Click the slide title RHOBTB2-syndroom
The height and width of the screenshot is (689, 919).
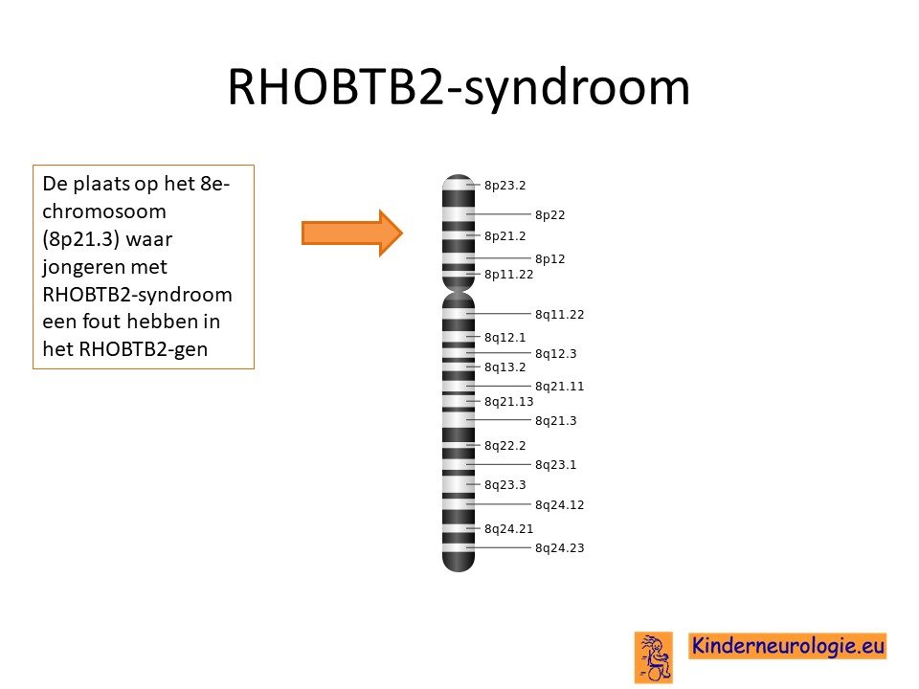459,87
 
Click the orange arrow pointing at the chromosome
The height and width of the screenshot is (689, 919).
351,233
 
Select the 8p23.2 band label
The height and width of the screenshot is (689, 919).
504,185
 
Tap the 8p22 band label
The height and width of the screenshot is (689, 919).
549,215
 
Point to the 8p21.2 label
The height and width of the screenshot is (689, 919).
504,236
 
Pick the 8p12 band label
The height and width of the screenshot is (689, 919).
549,259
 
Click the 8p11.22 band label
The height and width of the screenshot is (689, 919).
508,275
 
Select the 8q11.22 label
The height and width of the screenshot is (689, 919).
560,315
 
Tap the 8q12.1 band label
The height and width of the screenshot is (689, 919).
504,338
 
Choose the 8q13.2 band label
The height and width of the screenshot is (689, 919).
504,367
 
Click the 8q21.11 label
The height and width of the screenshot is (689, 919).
560,386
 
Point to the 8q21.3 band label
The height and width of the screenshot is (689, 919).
555,421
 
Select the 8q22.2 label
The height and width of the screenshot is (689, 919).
504,446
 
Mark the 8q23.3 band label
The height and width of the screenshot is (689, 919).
504,485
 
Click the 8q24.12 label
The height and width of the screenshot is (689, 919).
560,505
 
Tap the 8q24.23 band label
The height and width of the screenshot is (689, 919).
560,548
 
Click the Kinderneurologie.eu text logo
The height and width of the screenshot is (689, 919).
787,646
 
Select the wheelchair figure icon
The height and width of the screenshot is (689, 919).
654,657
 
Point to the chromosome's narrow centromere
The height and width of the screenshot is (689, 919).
459,291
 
